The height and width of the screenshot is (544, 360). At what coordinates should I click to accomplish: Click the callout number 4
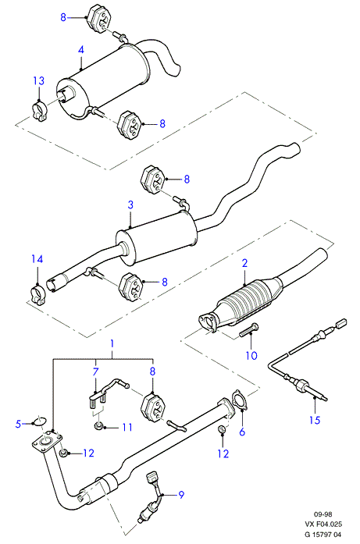(81, 49)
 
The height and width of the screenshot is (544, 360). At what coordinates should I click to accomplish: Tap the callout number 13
(39, 80)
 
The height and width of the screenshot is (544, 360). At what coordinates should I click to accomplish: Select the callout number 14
(37, 259)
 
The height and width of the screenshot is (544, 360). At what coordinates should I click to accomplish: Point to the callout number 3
(130, 204)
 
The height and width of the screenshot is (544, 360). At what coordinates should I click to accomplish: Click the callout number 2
(244, 263)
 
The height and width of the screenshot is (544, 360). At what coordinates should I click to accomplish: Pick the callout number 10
(251, 355)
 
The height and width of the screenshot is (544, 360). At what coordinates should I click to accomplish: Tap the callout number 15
(315, 420)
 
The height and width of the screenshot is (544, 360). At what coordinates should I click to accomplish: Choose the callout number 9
(181, 495)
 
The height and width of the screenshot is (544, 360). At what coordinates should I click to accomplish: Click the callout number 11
(127, 427)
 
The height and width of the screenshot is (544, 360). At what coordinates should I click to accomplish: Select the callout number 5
(19, 423)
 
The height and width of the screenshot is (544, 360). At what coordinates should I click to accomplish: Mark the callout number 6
(242, 432)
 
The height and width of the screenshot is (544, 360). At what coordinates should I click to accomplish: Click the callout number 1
(112, 343)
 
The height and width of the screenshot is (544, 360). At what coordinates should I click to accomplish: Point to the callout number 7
(95, 372)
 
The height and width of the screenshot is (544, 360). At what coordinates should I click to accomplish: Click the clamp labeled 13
(41, 112)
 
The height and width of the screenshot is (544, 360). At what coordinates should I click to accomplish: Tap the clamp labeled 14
(37, 293)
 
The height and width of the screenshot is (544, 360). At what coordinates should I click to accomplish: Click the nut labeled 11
(98, 425)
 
